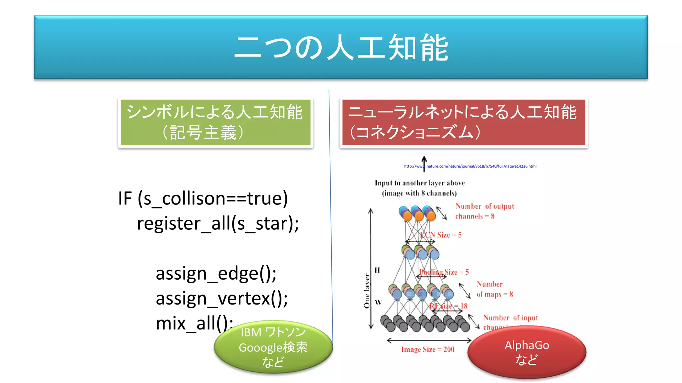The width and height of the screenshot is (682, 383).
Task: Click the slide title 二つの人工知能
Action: (341, 47)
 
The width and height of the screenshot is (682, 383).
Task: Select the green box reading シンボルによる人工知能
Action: (215, 122)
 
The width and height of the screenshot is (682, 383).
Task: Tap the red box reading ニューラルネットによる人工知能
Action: (464, 122)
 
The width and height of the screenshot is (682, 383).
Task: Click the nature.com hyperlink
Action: (470, 166)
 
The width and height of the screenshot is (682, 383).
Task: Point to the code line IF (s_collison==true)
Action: (203, 198)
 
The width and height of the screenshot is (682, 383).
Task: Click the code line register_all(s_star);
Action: (218, 223)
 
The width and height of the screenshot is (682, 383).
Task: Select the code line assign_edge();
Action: (216, 273)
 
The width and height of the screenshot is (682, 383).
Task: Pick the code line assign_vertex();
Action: (222, 298)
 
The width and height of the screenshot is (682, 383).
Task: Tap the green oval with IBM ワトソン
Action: (273, 347)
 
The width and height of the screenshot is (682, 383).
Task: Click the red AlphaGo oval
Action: (526, 352)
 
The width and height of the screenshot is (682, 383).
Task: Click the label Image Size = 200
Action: (428, 349)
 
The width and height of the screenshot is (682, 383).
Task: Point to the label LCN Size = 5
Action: (441, 235)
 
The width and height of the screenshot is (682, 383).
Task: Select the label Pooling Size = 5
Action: (444, 272)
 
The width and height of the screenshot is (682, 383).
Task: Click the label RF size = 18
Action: (449, 306)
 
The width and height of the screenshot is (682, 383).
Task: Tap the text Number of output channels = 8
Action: (484, 211)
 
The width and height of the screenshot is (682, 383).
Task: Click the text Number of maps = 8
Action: (494, 289)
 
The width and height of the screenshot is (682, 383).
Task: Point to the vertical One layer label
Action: (367, 291)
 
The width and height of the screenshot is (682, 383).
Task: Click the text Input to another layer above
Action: (420, 183)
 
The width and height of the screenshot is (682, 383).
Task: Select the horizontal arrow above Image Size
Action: (429, 340)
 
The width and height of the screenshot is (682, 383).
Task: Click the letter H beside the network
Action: (377, 270)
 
